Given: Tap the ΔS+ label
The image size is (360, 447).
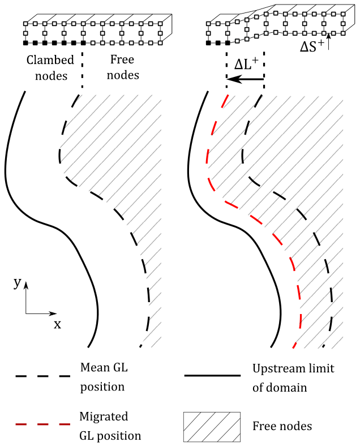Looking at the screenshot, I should [313, 48].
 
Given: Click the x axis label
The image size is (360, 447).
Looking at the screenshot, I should [57, 324].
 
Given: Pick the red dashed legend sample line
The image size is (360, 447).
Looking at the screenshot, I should [42, 424].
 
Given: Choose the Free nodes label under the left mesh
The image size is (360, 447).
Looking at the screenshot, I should [122, 66].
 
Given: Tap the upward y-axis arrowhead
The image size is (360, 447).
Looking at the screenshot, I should [26, 282].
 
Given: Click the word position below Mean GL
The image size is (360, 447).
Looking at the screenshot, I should [104, 388].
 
